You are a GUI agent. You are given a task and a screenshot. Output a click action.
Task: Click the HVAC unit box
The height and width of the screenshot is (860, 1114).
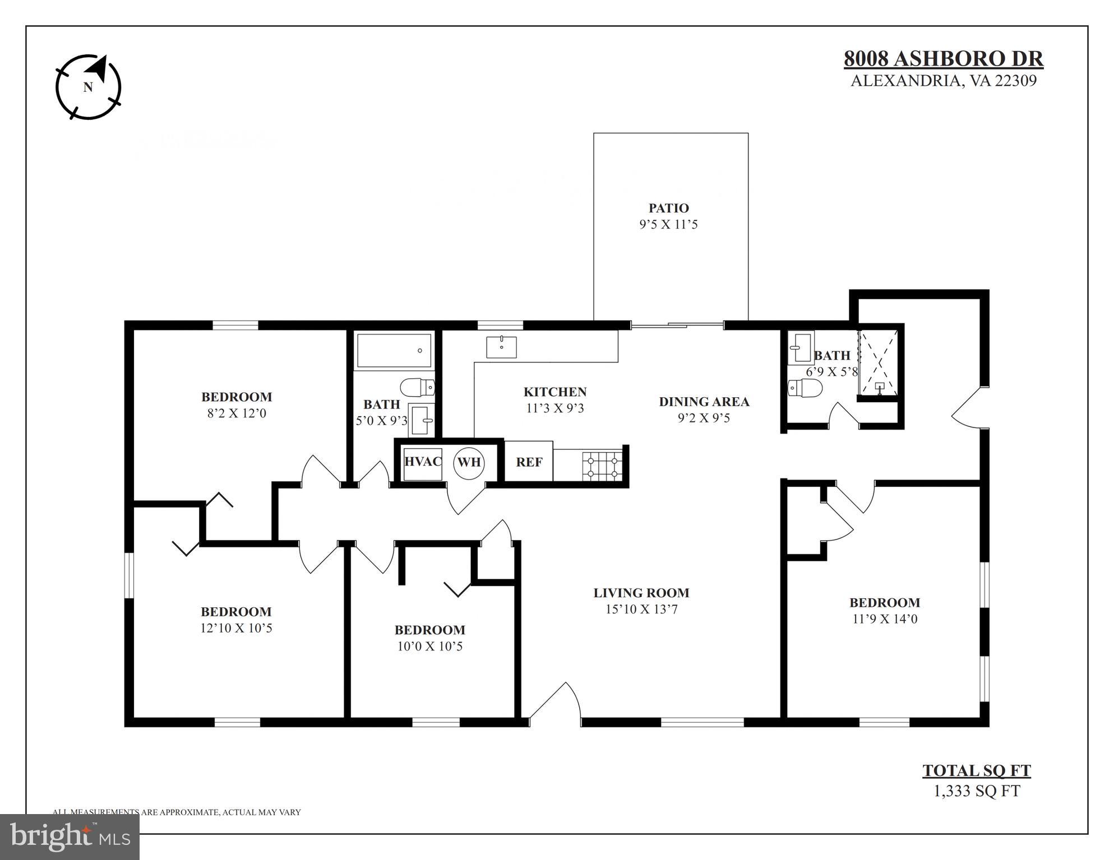[423, 463]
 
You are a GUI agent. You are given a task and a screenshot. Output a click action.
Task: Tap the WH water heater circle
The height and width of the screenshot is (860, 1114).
[469, 463]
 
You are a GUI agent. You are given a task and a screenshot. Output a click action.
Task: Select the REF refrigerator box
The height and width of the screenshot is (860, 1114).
[529, 462]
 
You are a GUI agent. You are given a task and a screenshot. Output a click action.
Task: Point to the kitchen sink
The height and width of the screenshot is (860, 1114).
[501, 347]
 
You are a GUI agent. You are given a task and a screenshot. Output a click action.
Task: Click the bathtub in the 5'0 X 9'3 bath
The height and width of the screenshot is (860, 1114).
[394, 351]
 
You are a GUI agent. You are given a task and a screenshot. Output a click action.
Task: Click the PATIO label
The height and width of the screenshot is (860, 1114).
[668, 208]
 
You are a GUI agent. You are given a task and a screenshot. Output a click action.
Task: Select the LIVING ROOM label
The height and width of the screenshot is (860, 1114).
[641, 593]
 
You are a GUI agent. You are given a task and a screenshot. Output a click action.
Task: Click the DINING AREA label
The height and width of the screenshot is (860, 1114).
[704, 402]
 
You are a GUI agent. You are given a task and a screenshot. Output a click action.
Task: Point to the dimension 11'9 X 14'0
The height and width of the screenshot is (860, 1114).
[885, 619]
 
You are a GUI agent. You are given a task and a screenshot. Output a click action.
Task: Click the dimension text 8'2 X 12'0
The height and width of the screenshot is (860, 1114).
[237, 413]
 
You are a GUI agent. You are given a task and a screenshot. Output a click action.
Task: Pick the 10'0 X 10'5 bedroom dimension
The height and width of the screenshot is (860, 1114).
[429, 646]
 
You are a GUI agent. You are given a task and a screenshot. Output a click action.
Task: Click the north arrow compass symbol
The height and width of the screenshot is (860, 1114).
[89, 87]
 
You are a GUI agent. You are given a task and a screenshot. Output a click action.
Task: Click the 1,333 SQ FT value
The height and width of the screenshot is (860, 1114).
[977, 791]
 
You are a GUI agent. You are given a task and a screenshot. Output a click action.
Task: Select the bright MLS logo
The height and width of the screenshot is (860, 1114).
[70, 836]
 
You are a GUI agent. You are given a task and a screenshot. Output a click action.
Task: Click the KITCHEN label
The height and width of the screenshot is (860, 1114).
[555, 392]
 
